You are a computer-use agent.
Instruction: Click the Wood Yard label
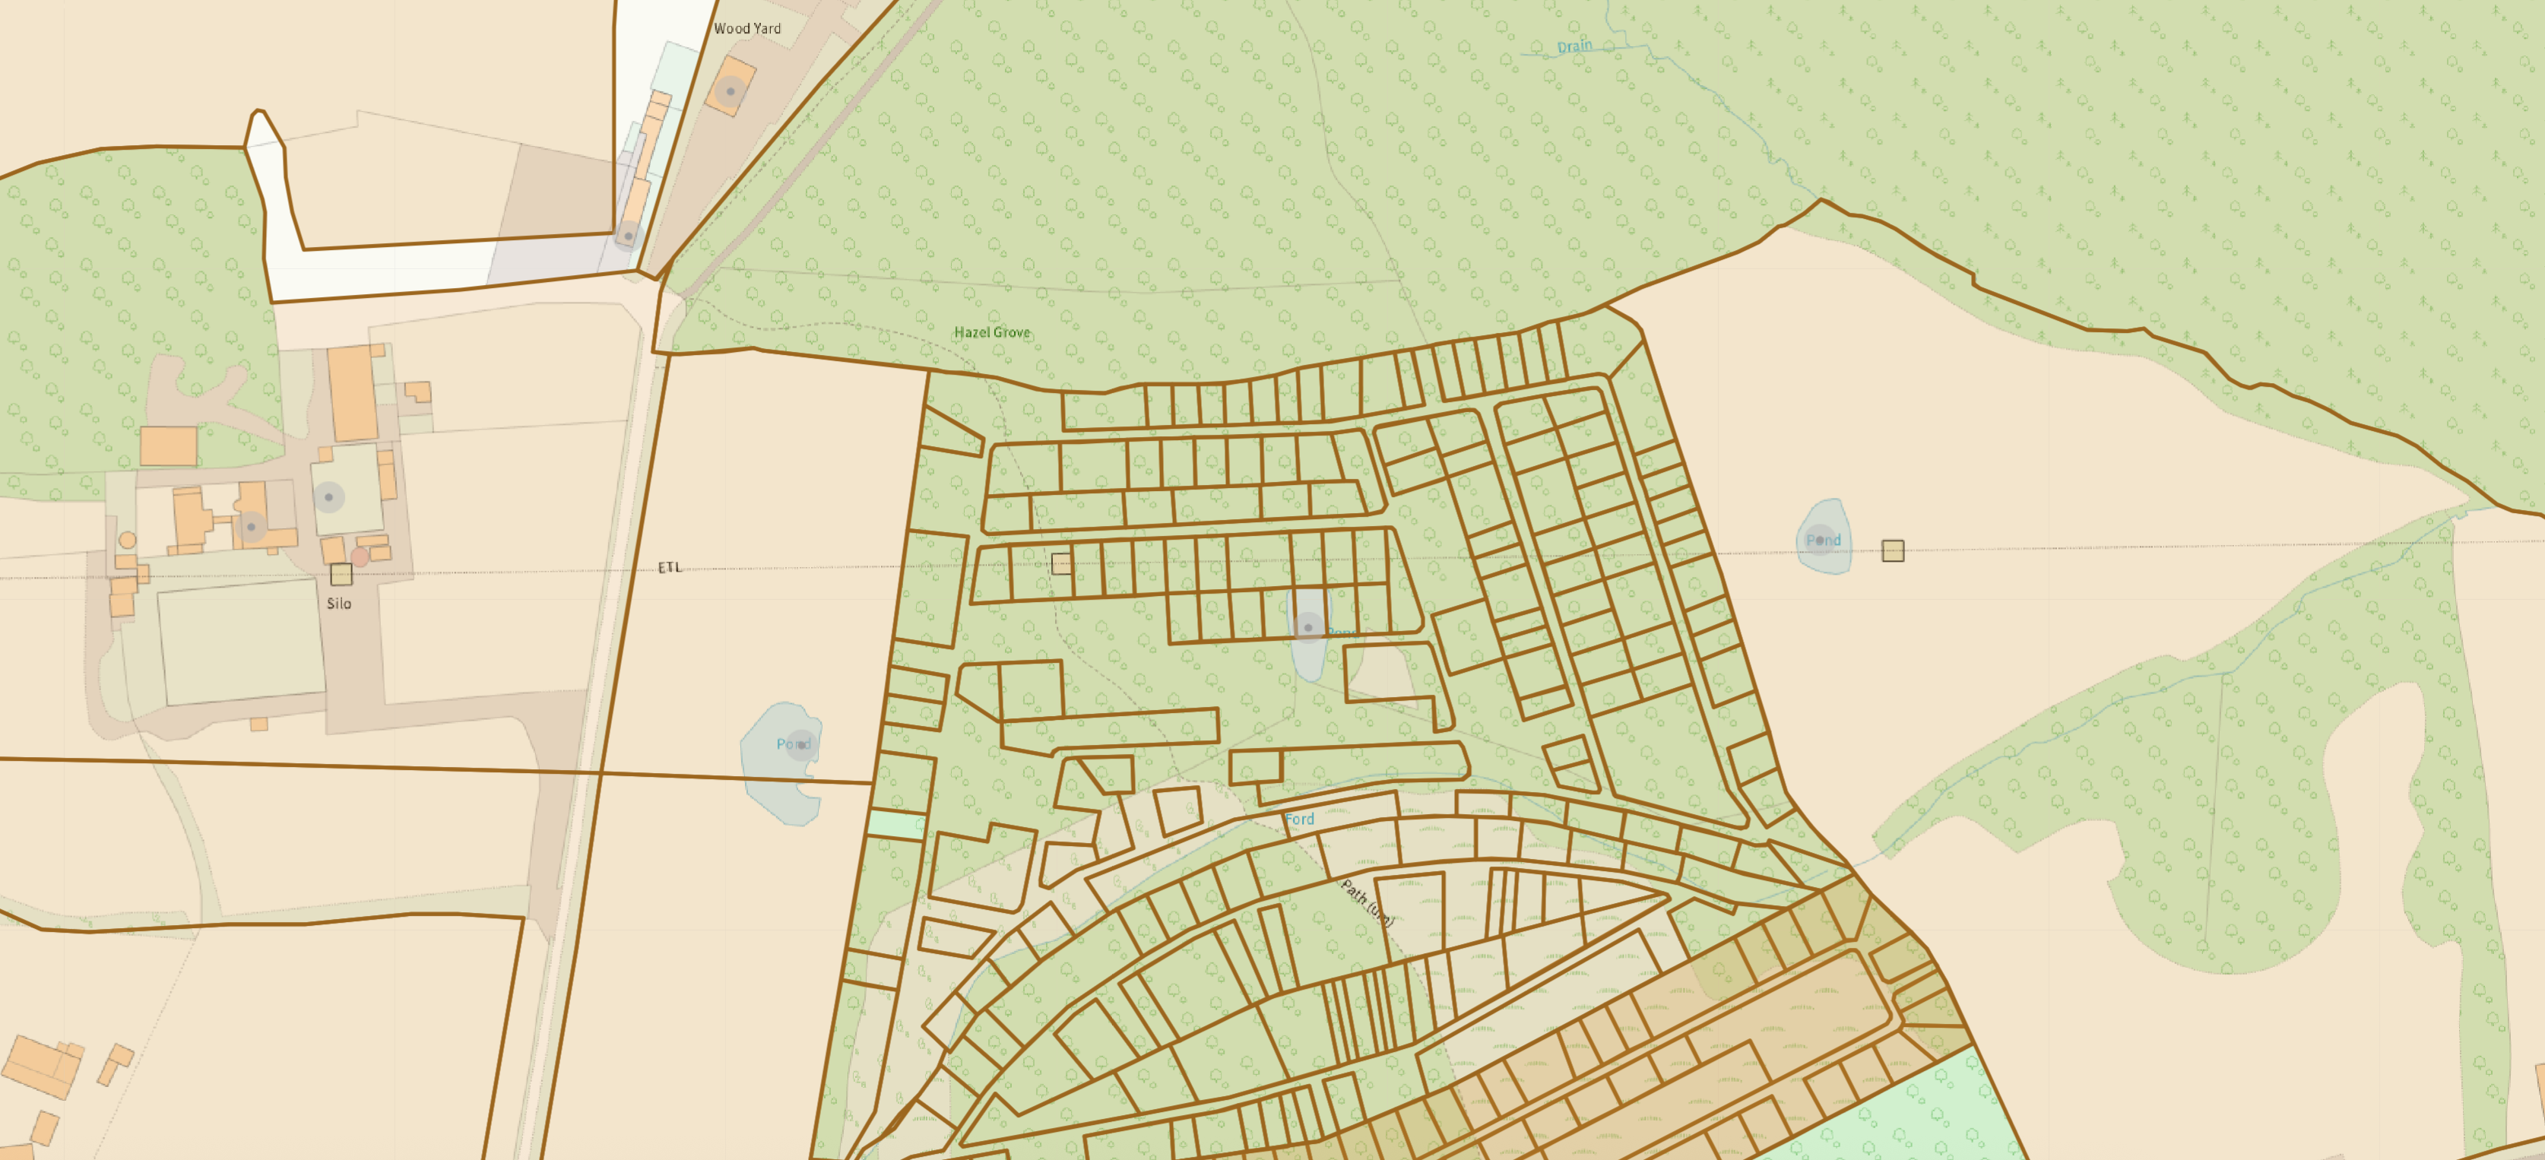click(747, 29)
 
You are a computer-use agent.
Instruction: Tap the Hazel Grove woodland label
click(991, 332)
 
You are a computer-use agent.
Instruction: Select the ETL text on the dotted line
click(670, 567)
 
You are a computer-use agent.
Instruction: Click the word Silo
click(339, 604)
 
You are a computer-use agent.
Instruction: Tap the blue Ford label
click(1299, 819)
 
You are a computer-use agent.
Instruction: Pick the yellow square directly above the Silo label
click(341, 574)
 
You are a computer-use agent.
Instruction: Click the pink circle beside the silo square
click(360, 558)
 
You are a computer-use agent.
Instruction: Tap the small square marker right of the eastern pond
click(1892, 550)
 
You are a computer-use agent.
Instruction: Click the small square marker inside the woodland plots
click(1061, 564)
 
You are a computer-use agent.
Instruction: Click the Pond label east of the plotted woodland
click(1823, 540)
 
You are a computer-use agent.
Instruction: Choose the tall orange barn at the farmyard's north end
click(353, 392)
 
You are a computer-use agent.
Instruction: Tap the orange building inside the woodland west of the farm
click(168, 445)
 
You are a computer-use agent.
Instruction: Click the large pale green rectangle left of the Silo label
click(241, 642)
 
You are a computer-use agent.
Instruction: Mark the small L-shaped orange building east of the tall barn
click(419, 391)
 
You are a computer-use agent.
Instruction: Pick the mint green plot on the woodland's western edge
click(896, 825)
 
